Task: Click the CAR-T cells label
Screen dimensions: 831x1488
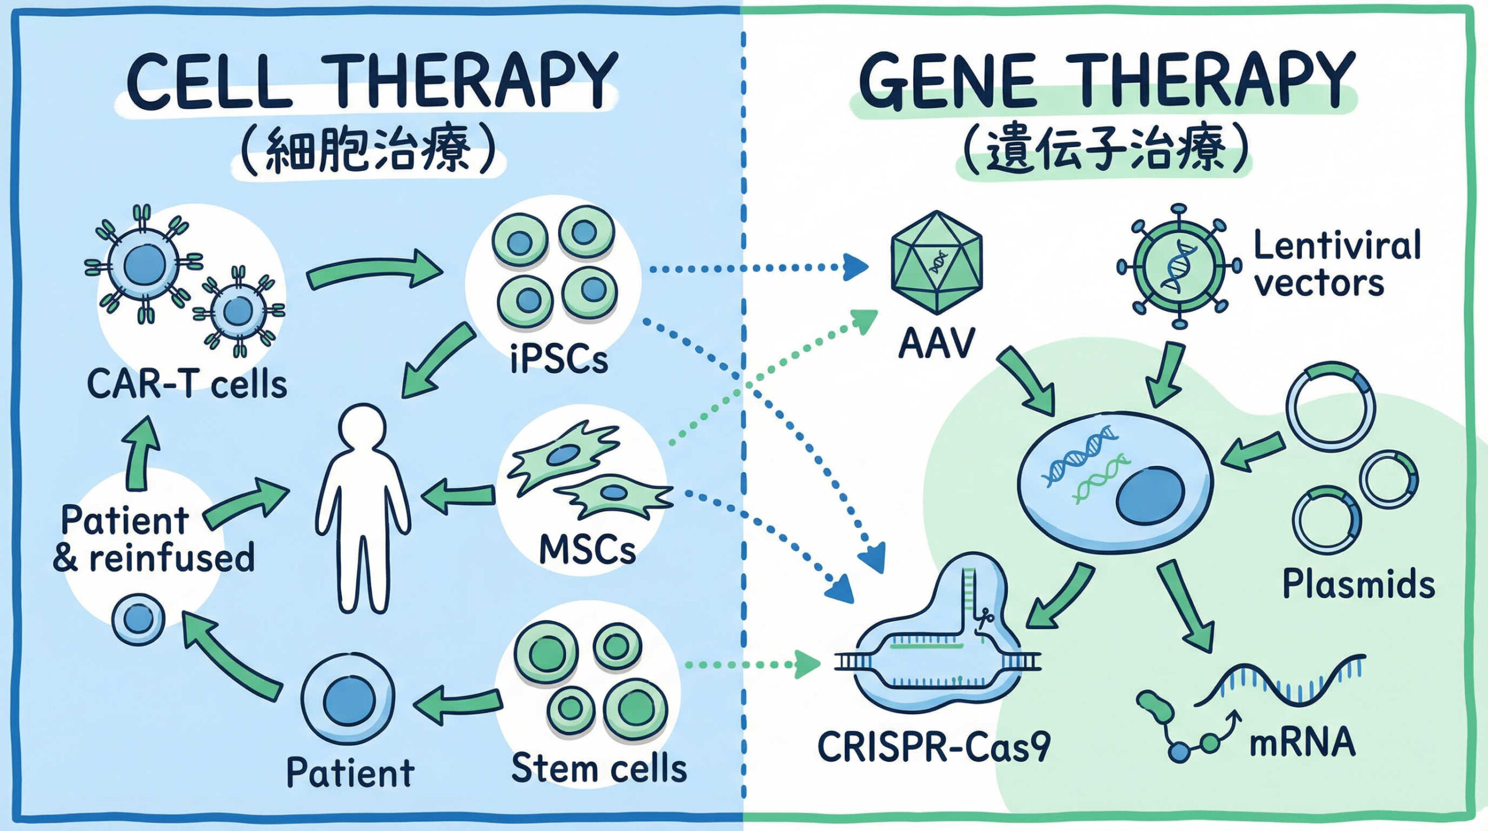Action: pyautogui.click(x=187, y=384)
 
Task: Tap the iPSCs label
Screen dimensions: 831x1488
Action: pyautogui.click(x=559, y=359)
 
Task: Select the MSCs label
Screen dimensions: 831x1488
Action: pyautogui.click(x=587, y=550)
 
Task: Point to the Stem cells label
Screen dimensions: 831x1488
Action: pyautogui.click(x=599, y=768)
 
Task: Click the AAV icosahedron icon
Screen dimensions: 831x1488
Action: pyautogui.click(x=936, y=263)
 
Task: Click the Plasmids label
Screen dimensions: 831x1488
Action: pyautogui.click(x=1358, y=584)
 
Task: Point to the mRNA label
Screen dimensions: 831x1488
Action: pyautogui.click(x=1303, y=743)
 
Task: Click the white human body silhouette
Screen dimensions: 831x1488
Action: pyautogui.click(x=363, y=506)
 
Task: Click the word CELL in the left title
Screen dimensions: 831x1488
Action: pyautogui.click(x=209, y=81)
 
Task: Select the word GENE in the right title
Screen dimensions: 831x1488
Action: pyautogui.click(x=947, y=81)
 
